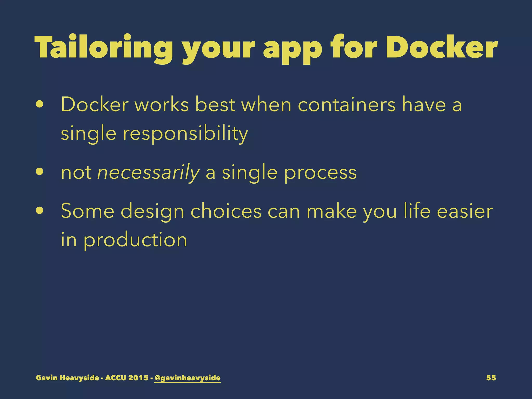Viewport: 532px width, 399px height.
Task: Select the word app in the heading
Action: pyautogui.click(x=292, y=49)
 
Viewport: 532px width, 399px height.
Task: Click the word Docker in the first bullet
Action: pyautogui.click(x=95, y=104)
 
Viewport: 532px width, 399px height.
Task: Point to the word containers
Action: pyautogui.click(x=347, y=104)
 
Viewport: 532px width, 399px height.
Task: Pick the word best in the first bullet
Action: pyautogui.click(x=215, y=104)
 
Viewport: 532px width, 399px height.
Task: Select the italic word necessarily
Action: pyautogui.click(x=148, y=172)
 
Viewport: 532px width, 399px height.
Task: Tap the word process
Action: pyautogui.click(x=321, y=173)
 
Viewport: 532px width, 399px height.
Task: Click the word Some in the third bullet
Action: pyautogui.click(x=88, y=211)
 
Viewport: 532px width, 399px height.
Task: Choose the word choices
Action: pyautogui.click(x=226, y=211)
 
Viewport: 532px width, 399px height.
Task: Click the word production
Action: pyautogui.click(x=135, y=240)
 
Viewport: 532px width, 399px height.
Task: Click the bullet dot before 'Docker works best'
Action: pyautogui.click(x=40, y=105)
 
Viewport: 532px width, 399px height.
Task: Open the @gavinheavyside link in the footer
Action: pyautogui.click(x=187, y=378)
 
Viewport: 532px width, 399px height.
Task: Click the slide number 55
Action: pyautogui.click(x=491, y=378)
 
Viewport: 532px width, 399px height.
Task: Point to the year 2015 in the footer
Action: pyautogui.click(x=138, y=378)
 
